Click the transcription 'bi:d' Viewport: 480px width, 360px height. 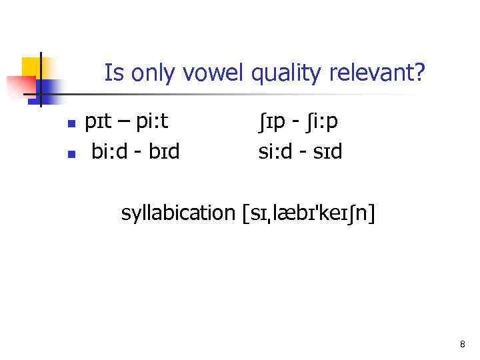[x=109, y=152]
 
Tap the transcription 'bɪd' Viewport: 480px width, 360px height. [x=164, y=152]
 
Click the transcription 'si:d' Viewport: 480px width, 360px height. [x=276, y=152]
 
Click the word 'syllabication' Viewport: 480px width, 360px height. [x=175, y=214]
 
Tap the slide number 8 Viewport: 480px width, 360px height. [x=462, y=345]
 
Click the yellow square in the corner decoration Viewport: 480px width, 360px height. [x=31, y=67]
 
